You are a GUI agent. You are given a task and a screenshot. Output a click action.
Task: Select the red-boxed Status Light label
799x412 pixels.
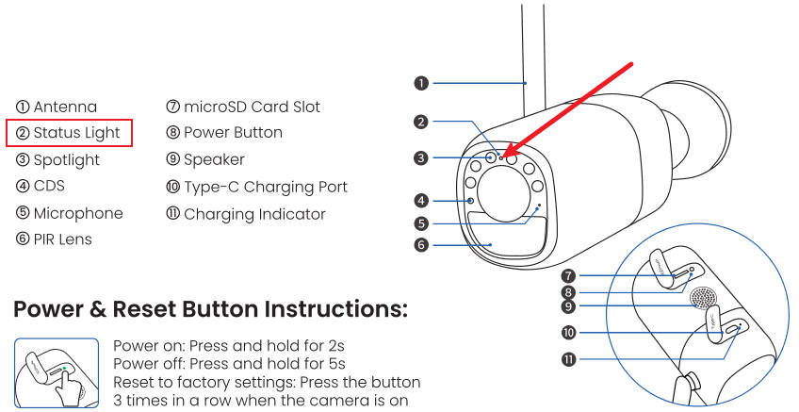point(70,133)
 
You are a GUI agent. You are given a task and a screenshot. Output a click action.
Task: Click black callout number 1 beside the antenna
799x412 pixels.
point(421,83)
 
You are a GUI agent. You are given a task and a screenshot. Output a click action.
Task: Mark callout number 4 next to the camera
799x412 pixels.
point(421,200)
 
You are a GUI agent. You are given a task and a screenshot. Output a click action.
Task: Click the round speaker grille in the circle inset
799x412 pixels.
point(702,300)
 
